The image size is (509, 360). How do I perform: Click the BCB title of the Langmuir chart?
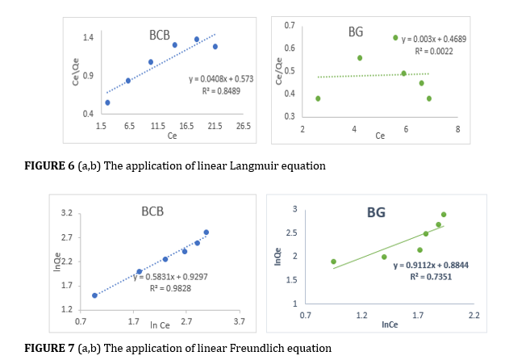(x=160, y=36)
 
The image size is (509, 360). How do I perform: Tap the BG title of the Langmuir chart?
(x=356, y=32)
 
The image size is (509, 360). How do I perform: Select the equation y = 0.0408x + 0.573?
(x=220, y=79)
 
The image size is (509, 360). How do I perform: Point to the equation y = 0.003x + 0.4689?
(x=434, y=39)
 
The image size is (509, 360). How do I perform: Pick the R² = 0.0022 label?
(x=434, y=50)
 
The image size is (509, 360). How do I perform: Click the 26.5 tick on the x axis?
(x=243, y=127)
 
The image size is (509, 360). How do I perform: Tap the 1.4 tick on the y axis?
(x=89, y=38)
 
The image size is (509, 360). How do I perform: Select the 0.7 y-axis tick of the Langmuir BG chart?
(x=290, y=26)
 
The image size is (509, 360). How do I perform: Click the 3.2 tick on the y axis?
(x=67, y=214)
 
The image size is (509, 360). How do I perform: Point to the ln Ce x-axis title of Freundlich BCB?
(x=160, y=325)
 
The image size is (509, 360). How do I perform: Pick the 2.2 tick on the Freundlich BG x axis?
(x=474, y=316)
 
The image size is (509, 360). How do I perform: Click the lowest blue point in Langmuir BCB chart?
(x=107, y=103)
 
